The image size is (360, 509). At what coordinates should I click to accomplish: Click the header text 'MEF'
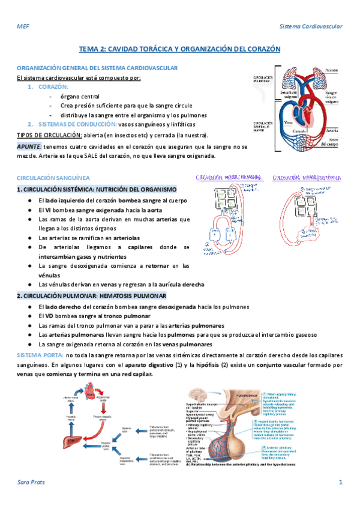[22, 27]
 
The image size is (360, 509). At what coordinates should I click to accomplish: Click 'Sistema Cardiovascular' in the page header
[311, 27]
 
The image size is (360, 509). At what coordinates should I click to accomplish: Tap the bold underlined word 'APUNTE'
[29, 146]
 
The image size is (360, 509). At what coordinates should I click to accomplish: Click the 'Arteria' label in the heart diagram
[332, 128]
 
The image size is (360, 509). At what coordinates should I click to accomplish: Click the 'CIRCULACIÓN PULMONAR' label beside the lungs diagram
[263, 80]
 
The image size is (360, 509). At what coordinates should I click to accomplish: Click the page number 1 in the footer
[340, 482]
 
